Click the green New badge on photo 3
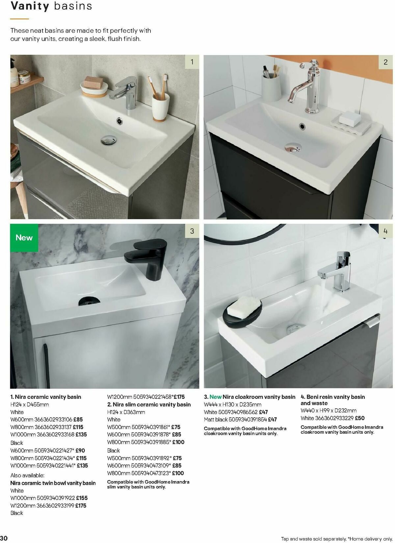pos(24,238)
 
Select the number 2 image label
pos(385,62)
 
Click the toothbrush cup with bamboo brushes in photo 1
pos(160,105)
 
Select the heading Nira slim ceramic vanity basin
pos(149,404)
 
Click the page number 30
pos(4,538)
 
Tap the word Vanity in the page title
pos(30,6)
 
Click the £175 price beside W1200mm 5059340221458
pos(179,397)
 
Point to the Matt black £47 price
pos(272,420)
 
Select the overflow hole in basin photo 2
pos(302,126)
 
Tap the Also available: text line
pos(27,475)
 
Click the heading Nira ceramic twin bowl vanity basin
pos(53,483)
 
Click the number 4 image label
pos(385,231)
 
